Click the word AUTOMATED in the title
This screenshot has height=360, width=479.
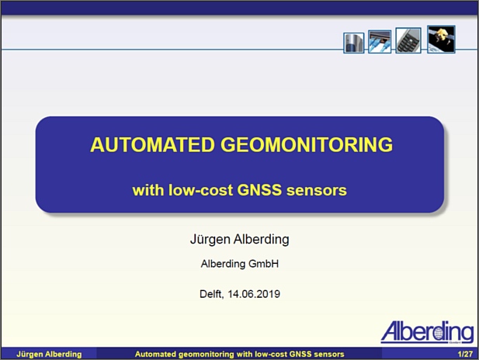[152, 144]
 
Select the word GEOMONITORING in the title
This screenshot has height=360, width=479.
[307, 144]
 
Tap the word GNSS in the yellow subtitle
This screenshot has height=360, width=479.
[259, 190]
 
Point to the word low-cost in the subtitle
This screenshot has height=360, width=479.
[201, 190]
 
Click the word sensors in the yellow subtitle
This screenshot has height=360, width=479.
[317, 190]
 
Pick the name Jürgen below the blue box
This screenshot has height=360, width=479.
[210, 239]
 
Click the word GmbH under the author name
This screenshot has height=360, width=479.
[264, 264]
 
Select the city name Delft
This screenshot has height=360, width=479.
[212, 294]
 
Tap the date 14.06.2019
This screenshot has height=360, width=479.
[254, 294]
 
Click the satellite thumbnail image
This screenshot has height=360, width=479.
[441, 39]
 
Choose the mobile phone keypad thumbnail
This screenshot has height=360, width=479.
[408, 40]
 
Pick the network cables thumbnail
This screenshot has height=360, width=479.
[380, 42]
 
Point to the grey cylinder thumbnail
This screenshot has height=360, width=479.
[354, 43]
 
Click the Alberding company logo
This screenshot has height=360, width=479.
[427, 332]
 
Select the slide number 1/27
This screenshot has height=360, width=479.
[465, 354]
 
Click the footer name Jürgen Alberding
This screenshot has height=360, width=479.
[49, 355]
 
